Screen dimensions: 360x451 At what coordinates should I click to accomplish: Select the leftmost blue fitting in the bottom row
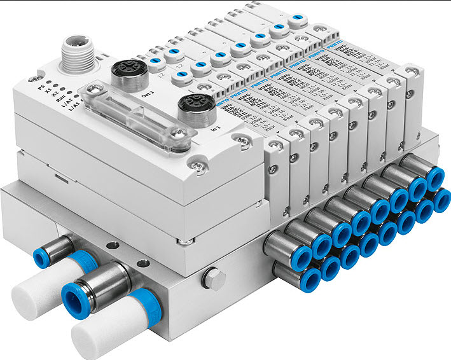coord(313,279)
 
